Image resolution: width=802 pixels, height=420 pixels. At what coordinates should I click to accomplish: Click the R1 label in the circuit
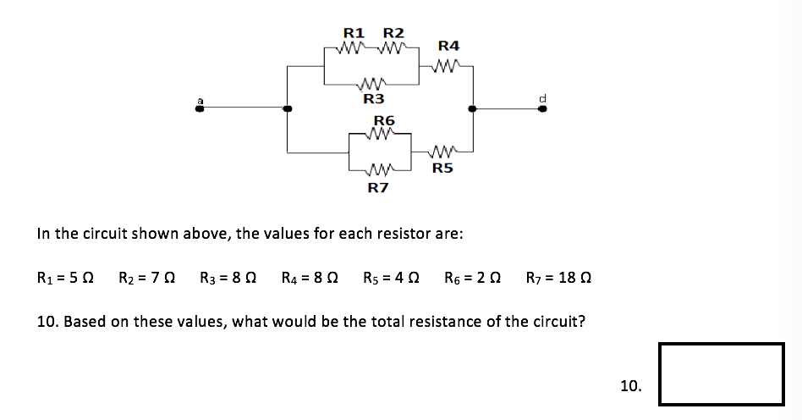[x=353, y=33]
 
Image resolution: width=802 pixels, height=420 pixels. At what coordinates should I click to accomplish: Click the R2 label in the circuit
[x=394, y=33]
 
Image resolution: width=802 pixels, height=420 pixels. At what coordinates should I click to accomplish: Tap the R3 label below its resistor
[x=374, y=99]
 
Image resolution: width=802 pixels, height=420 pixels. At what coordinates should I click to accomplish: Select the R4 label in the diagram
[x=449, y=45]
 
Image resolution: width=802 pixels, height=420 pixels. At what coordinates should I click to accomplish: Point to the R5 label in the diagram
[x=442, y=168]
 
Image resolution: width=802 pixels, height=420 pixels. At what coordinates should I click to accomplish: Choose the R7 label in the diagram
[x=378, y=187]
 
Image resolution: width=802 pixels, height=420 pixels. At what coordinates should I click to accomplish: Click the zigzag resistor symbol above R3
[x=373, y=84]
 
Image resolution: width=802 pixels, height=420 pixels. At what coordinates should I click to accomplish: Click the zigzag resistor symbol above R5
[x=443, y=152]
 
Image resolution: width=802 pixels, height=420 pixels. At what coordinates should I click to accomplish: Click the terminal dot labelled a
[x=200, y=108]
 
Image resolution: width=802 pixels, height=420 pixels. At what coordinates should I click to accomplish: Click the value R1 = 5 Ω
[x=65, y=277]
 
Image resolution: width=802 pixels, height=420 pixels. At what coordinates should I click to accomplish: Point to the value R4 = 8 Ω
[x=310, y=277]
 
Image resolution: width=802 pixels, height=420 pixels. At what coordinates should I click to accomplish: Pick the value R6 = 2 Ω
[x=473, y=277]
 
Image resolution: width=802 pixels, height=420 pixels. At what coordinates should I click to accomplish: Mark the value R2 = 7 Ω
[x=146, y=277]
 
